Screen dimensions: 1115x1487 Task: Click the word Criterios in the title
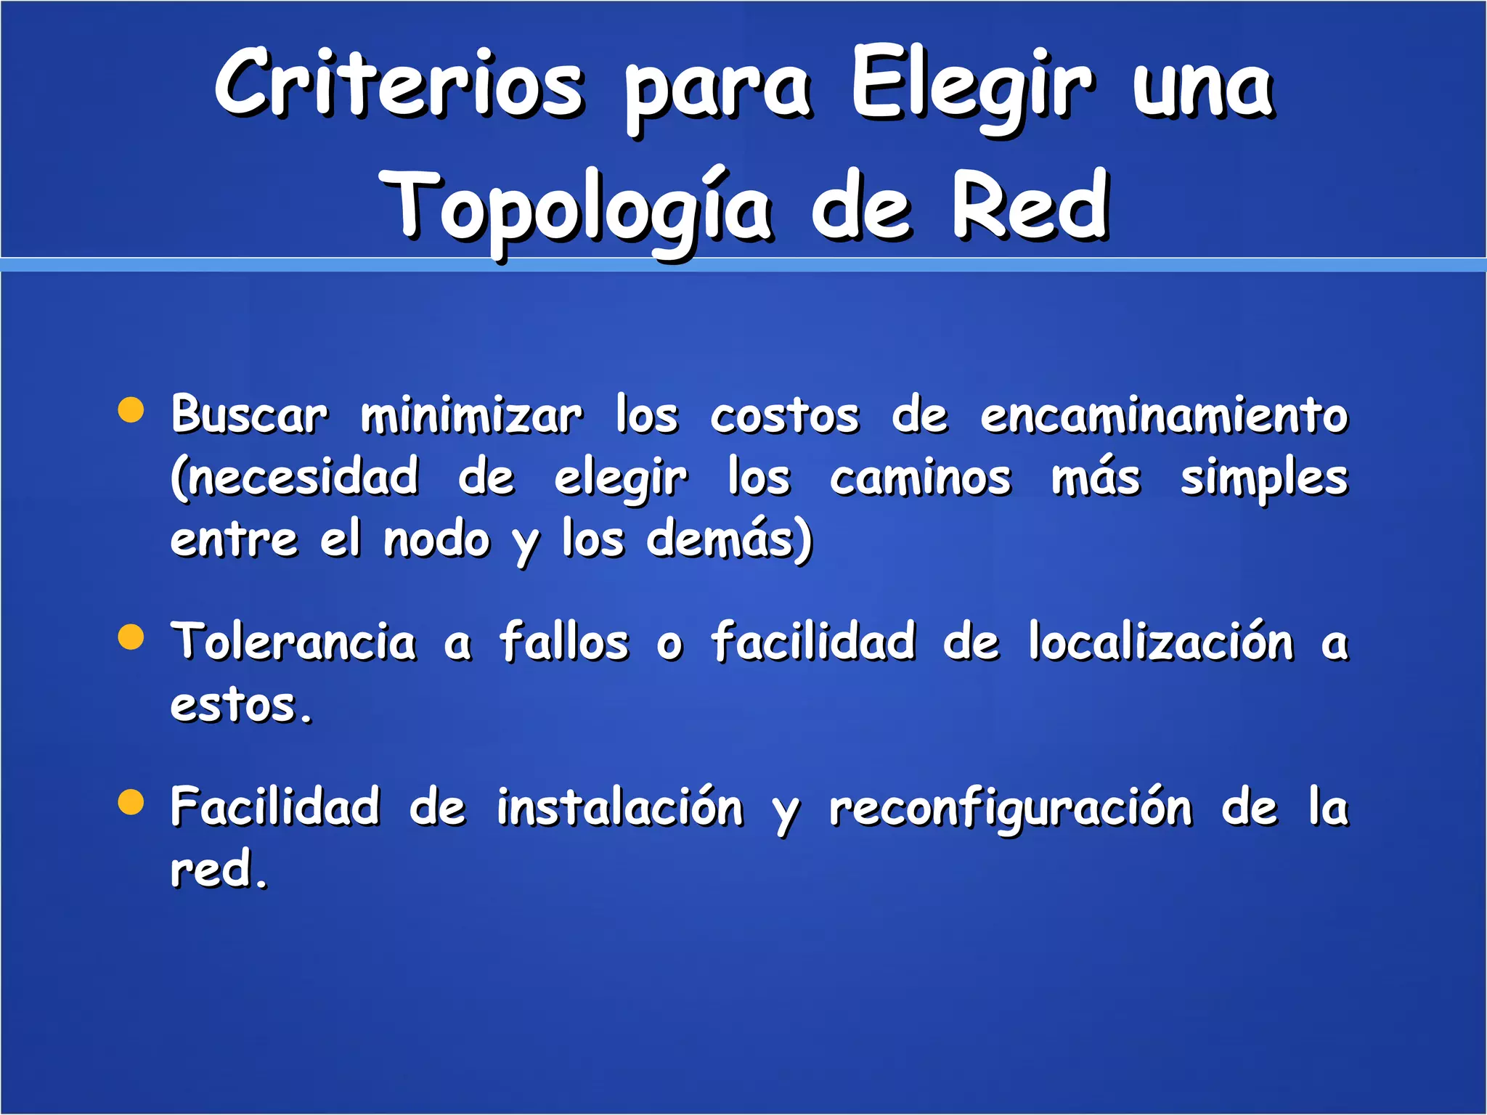tap(399, 83)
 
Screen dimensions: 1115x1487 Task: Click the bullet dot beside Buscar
tap(131, 409)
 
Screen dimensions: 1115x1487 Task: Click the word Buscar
tap(249, 415)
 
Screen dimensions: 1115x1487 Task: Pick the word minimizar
tap(471, 416)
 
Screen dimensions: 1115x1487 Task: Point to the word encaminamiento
tap(1164, 416)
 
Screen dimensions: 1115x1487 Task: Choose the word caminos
tap(920, 478)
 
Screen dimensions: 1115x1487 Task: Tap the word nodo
tap(437, 541)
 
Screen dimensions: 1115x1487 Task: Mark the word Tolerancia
tap(293, 642)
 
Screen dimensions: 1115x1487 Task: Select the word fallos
tap(564, 642)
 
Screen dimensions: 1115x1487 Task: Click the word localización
tap(1161, 642)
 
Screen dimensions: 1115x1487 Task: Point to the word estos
tap(241, 705)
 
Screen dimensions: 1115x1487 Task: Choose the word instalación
tap(620, 808)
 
